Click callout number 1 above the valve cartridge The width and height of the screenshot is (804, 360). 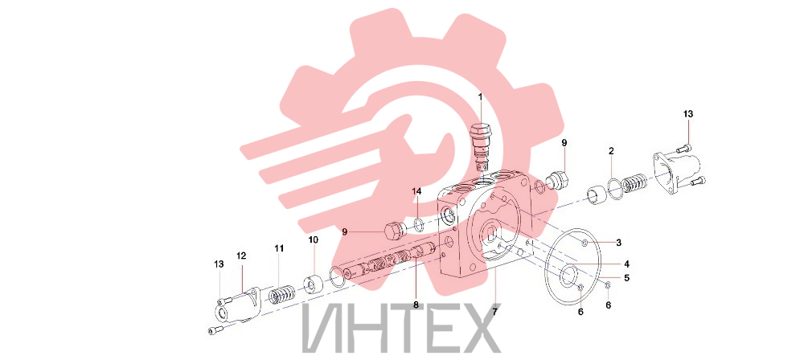click(481, 96)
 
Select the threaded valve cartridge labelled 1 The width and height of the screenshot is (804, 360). click(481, 147)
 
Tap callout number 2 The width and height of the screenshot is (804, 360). click(611, 151)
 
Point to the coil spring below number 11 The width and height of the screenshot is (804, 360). click(280, 298)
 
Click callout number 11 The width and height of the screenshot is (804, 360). click(279, 248)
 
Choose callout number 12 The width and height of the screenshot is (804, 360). click(241, 255)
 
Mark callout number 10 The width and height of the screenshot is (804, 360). click(313, 239)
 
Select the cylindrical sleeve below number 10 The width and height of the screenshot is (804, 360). click(314, 285)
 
